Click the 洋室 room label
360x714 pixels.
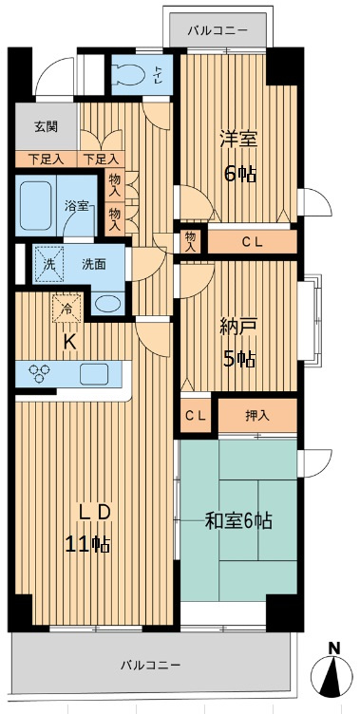coord(237,138)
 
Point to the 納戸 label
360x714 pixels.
coord(237,326)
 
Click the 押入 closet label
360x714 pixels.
coord(257,414)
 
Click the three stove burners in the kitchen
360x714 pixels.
coord(41,371)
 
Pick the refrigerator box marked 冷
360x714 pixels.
coord(68,308)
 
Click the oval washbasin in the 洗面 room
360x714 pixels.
coord(109,305)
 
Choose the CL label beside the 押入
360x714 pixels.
coord(196,415)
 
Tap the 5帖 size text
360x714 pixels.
coord(237,358)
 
